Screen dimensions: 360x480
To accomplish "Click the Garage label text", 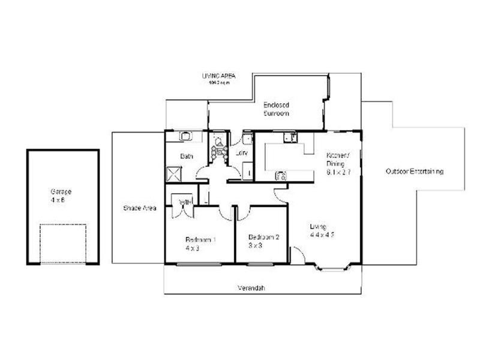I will pos(61,191).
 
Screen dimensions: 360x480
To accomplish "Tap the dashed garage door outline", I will pos(62,244).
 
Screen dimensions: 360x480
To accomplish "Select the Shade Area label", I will pos(140,208).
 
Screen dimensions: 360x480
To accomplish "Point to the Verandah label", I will pos(251,289).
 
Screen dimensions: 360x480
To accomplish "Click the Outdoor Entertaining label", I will pos(414,172).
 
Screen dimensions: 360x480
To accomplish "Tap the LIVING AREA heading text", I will pos(218,76).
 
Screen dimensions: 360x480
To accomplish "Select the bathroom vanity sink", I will pos(186,136).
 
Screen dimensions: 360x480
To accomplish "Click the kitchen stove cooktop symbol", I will pos(281,176).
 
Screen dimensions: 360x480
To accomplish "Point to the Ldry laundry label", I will pos(242,153).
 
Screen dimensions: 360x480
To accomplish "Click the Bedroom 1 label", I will pos(200,239).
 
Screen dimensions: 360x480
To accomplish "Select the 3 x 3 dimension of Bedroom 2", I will pos(254,245).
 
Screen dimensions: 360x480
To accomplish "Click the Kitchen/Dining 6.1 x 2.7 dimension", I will pos(337,171).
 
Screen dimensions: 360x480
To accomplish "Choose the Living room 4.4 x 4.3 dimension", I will pos(322,235).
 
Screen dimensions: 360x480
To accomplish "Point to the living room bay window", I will pos(332,266).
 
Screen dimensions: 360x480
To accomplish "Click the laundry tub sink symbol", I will pos(247,138).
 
